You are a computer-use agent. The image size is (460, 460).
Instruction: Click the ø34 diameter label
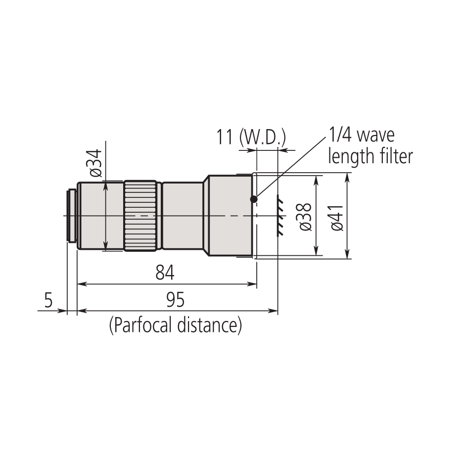pyautogui.click(x=96, y=163)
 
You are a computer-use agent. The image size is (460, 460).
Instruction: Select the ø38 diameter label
pyautogui.click(x=306, y=216)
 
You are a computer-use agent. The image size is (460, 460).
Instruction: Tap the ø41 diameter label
pyautogui.click(x=337, y=216)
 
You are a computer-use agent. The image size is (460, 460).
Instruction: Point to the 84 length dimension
pyautogui.click(x=165, y=273)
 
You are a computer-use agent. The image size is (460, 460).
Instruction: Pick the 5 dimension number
pyautogui.click(x=48, y=300)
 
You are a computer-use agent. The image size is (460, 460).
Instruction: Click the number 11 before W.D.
pyautogui.click(x=225, y=137)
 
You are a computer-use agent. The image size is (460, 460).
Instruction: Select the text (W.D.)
pyautogui.click(x=262, y=137)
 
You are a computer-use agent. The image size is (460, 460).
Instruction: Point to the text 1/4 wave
pyautogui.click(x=362, y=135)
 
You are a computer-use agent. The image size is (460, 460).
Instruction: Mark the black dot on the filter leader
pyautogui.click(x=254, y=199)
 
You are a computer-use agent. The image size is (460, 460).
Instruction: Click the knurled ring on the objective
pyautogui.click(x=141, y=216)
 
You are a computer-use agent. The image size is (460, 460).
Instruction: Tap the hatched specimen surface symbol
pyautogui.click(x=280, y=216)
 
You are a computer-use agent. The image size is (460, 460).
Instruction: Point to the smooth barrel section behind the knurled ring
pyautogui.click(x=183, y=216)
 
